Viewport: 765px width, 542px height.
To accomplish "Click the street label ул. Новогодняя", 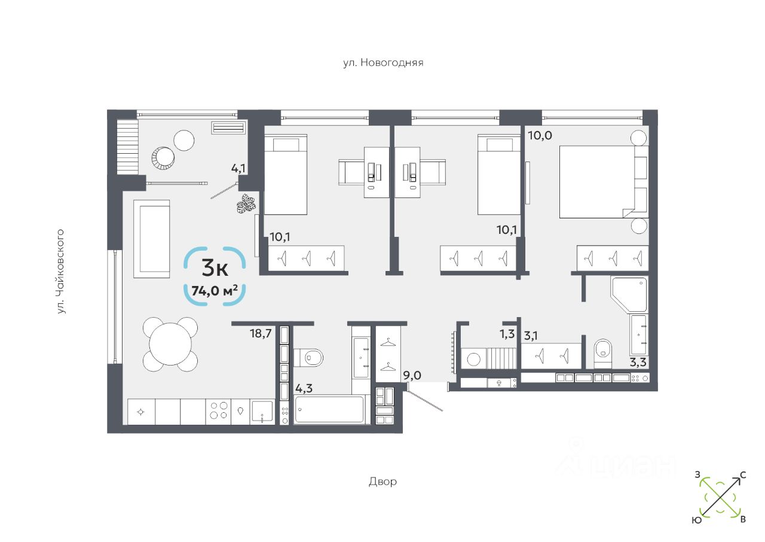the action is (383, 63).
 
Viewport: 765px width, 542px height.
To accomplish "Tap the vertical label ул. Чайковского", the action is (60, 272).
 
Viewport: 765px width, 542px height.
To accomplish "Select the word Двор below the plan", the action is (382, 482).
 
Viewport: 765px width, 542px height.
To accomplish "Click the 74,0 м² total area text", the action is (215, 291).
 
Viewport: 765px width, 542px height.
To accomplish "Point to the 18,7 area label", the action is (261, 334).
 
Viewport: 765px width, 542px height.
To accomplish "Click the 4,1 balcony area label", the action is (238, 169).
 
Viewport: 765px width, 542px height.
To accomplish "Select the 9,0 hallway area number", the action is (412, 376).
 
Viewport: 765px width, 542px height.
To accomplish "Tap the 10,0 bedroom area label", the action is (540, 136).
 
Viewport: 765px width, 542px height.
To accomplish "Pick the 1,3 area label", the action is (507, 334).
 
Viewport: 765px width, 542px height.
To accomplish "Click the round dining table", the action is (170, 345).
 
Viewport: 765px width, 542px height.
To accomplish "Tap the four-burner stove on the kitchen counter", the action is (219, 410).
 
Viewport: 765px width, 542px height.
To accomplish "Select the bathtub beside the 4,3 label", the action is (329, 409).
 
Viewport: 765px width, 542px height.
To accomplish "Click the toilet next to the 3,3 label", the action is (603, 354).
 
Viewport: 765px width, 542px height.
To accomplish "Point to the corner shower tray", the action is (629, 294).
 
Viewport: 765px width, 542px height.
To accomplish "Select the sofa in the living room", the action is (152, 239).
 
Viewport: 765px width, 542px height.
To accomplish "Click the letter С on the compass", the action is (743, 475).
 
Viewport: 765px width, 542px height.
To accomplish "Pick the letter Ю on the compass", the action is (697, 520).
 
